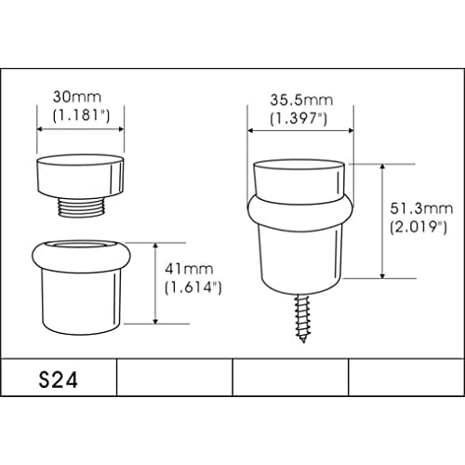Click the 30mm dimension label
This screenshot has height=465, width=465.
click(x=77, y=97)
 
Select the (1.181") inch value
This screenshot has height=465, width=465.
click(x=81, y=115)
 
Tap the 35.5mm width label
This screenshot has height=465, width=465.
click(x=301, y=100)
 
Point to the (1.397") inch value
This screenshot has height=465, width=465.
click(x=299, y=118)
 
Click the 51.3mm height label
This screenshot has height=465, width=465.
click(x=421, y=208)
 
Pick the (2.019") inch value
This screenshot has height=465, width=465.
click(x=418, y=227)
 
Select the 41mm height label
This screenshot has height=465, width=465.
click(x=189, y=269)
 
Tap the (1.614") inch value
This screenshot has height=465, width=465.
click(x=193, y=287)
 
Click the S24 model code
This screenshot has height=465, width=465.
click(x=58, y=380)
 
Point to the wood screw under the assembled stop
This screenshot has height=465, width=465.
click(x=302, y=318)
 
